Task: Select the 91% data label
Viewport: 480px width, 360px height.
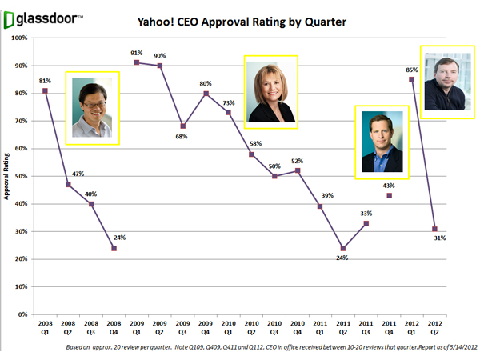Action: (x=137, y=54)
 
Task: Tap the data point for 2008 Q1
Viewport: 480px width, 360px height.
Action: (x=45, y=90)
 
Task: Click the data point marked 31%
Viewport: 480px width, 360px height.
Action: (x=434, y=229)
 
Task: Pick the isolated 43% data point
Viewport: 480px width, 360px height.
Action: (x=389, y=195)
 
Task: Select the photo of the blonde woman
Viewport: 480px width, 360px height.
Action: (x=270, y=92)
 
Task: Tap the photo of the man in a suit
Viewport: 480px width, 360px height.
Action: (x=381, y=142)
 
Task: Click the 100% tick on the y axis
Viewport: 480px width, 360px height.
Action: (x=22, y=37)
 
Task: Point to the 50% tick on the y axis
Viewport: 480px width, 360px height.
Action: (x=24, y=176)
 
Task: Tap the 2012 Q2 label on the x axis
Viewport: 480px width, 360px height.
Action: (x=434, y=330)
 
